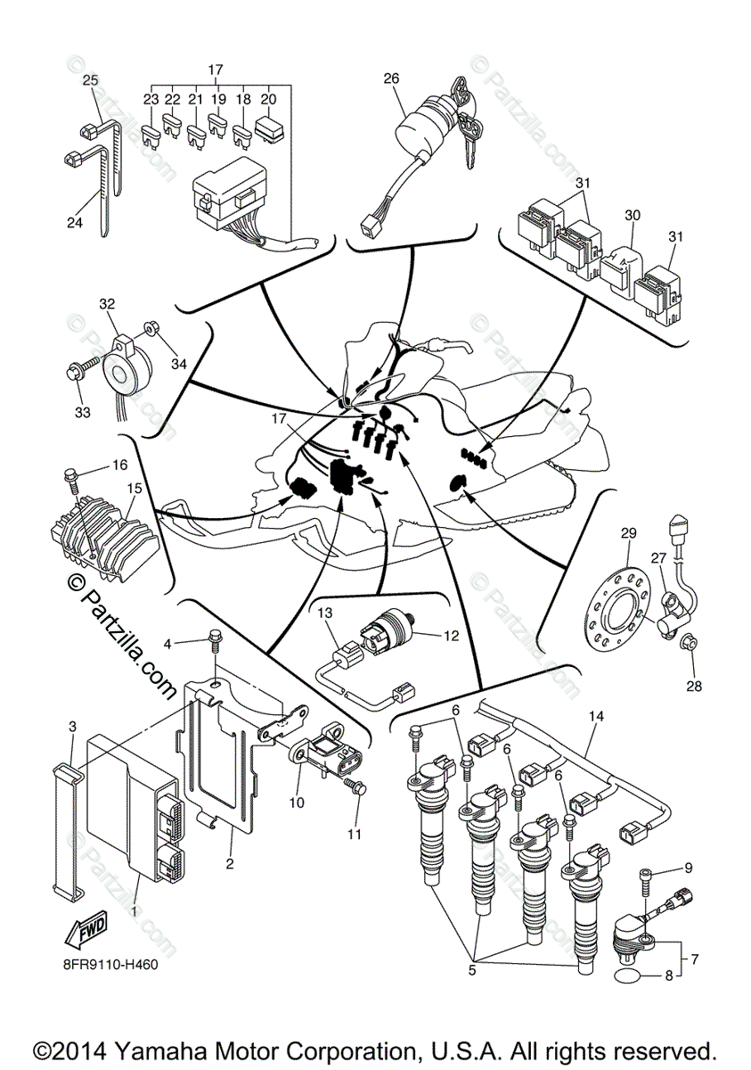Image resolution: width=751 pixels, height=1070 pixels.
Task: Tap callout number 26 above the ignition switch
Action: pos(391,78)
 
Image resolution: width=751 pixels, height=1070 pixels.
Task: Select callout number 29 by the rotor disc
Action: pos(628,533)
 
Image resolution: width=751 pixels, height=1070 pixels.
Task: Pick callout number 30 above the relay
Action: pos(633,215)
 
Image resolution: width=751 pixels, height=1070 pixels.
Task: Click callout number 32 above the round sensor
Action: pos(107,303)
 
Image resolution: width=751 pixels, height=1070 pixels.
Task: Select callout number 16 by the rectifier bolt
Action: pos(119,465)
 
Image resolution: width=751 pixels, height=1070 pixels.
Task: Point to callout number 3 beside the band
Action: pos(73,727)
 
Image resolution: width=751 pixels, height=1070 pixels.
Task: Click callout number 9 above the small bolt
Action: pos(687,867)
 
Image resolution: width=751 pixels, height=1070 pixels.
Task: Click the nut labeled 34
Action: pos(151,329)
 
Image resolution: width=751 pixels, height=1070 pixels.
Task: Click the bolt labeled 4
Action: pos(215,639)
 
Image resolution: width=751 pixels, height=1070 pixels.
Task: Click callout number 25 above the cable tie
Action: pos(90,80)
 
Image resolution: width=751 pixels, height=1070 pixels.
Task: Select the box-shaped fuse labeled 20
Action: pos(268,128)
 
